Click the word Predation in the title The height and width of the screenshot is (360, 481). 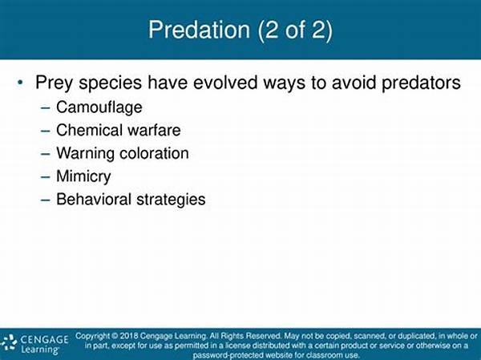[x=199, y=30]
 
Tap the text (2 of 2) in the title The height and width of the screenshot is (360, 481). [x=295, y=30]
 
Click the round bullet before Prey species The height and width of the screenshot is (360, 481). [x=20, y=83]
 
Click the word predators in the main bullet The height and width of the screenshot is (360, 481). [x=421, y=83]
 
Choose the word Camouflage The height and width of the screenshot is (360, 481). [x=99, y=107]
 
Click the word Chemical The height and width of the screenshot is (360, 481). [x=89, y=130]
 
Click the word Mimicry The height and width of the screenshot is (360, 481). [x=83, y=176]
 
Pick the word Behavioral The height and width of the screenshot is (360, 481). [x=94, y=199]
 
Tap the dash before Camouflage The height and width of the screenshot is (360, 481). [x=45, y=108]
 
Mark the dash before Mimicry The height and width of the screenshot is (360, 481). [x=45, y=177]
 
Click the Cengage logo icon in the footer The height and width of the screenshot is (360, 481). [x=9, y=342]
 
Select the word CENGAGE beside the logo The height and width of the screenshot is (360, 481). [x=44, y=339]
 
